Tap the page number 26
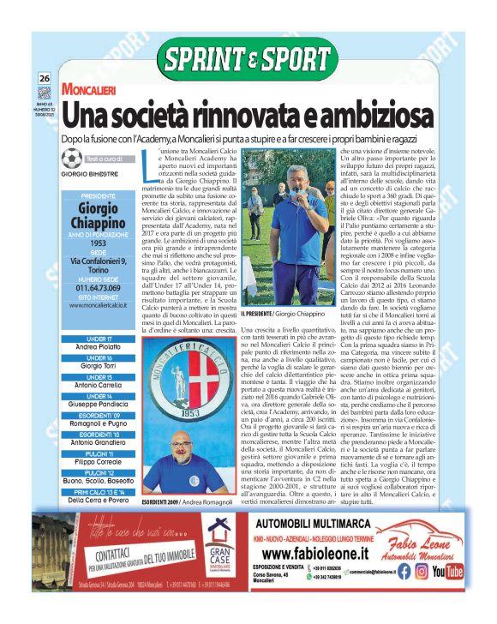pyautogui.click(x=45, y=79)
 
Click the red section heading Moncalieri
pyautogui.click(x=95, y=88)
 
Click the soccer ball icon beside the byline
pyautogui.click(x=73, y=159)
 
